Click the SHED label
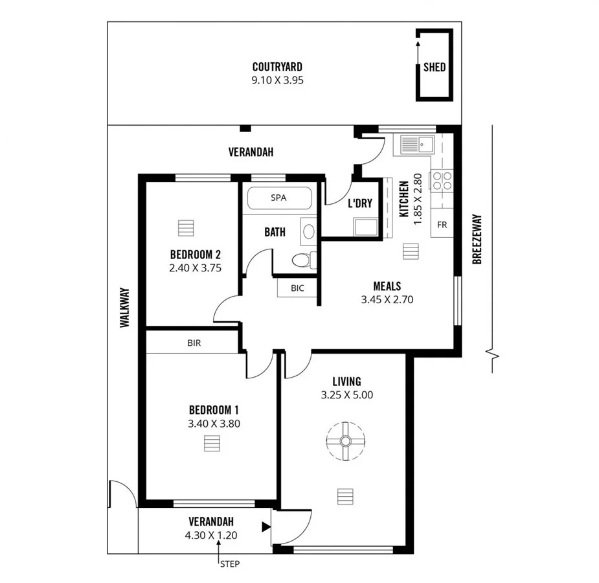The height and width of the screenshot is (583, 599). [x=435, y=67]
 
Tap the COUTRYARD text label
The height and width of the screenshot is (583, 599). [x=277, y=67]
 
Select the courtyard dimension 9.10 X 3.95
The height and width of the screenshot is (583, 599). [x=277, y=80]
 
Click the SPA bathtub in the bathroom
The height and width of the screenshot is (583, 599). [x=279, y=198]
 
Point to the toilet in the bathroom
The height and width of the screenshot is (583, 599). [x=302, y=260]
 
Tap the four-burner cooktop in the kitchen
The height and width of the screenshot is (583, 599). [x=442, y=180]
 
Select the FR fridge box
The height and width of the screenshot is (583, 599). [x=442, y=225]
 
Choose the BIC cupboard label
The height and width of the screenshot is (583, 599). [x=297, y=288]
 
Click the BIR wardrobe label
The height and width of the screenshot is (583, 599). [x=194, y=343]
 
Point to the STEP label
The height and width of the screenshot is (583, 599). [x=229, y=564]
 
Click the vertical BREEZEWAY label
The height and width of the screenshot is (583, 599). [x=477, y=239]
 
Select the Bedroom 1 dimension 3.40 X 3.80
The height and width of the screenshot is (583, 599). [x=214, y=424]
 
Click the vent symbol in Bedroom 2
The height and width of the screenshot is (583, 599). [x=185, y=229]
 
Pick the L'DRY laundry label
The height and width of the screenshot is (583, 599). [x=360, y=203]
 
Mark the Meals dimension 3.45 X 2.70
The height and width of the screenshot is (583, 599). [x=387, y=299]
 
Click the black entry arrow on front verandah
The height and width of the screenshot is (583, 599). [x=265, y=527]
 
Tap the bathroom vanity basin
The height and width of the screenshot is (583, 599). [x=308, y=231]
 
